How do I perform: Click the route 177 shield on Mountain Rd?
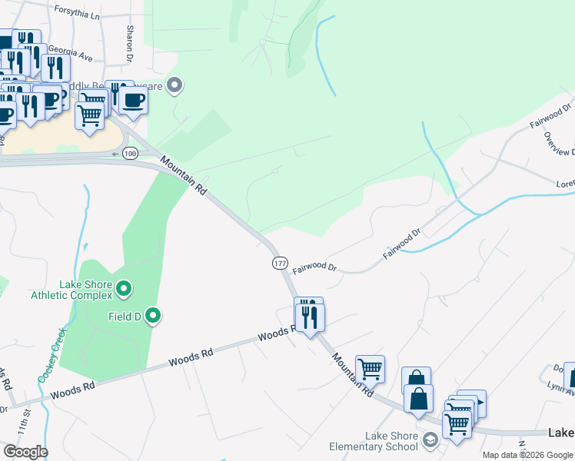coord(279,263)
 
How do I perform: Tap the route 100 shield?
coord(131,154)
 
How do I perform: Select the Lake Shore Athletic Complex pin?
coord(124,290)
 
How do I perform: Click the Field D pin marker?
coord(153,315)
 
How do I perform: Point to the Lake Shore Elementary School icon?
coord(430,439)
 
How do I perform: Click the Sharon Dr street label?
coord(130,43)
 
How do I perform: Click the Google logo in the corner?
coord(25,451)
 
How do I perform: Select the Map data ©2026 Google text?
coord(527,455)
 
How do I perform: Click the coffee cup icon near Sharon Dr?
coord(133,99)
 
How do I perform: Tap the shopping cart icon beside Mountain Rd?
coord(370,369)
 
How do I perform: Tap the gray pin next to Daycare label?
coord(174,85)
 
